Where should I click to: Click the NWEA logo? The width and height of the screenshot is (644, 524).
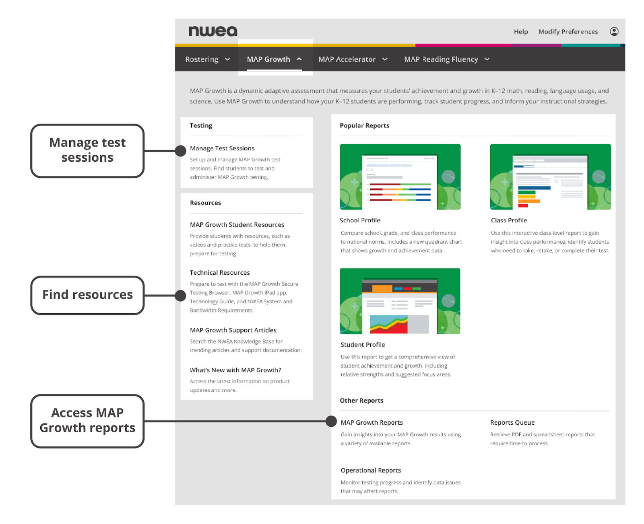[x=213, y=31]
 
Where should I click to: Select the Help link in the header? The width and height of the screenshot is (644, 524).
[x=521, y=32]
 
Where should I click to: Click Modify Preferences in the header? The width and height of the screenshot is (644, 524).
[x=568, y=32]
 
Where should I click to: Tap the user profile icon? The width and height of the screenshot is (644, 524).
[x=614, y=31]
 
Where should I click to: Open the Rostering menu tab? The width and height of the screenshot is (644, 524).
[x=208, y=59]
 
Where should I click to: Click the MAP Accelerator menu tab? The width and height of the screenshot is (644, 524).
[x=353, y=59]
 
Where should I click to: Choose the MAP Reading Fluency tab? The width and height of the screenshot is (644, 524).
[x=446, y=59]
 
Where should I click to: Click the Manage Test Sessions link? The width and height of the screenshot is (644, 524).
[x=222, y=148]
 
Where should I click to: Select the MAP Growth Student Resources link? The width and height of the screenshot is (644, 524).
[x=237, y=225]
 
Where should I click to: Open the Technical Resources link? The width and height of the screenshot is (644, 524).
[x=219, y=272]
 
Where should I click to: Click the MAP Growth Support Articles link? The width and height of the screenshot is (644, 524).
[x=233, y=330]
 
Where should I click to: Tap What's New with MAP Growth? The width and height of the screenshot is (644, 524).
[x=235, y=370]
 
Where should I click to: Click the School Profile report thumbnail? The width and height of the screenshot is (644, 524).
[x=400, y=177]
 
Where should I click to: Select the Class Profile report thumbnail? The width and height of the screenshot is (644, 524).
[x=550, y=177]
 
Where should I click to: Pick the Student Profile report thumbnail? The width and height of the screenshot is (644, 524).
[x=400, y=301]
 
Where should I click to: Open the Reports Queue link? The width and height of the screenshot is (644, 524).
[x=512, y=422]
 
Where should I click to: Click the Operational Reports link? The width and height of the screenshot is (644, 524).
[x=371, y=470]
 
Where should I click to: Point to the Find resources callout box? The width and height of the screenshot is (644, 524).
[x=87, y=295]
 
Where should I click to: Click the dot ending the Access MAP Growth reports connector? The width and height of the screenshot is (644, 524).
[x=331, y=421]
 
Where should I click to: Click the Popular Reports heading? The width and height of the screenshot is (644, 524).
[x=364, y=125]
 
